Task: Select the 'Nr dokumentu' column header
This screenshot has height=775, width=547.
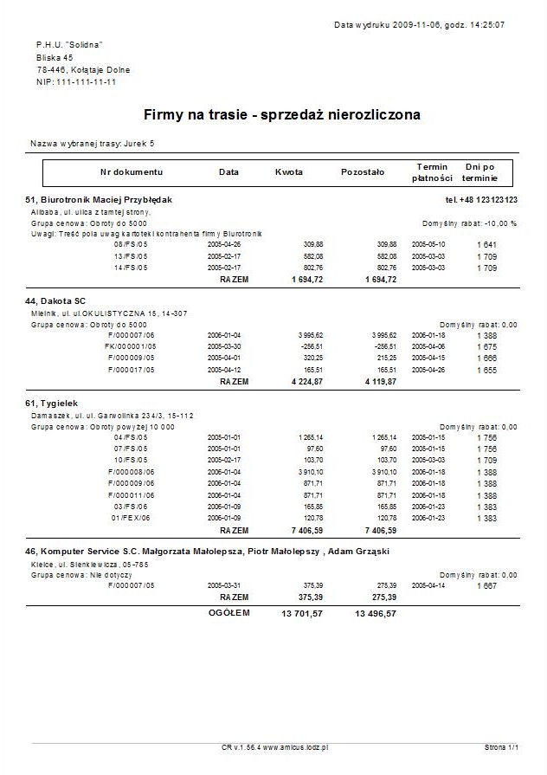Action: pos(132,171)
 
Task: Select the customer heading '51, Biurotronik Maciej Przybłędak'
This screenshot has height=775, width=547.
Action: pos(100,200)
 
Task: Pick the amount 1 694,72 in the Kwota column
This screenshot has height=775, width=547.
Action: pos(306,280)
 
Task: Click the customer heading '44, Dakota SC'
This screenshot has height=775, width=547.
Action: pos(49,300)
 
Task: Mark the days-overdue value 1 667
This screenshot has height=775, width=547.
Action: pos(486,585)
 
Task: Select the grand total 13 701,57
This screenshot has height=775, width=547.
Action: pos(302,613)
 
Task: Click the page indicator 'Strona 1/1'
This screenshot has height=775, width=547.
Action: pos(501,746)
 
